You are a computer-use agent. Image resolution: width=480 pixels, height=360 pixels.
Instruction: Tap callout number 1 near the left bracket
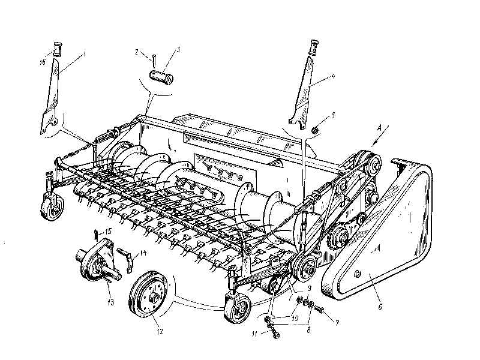[x=85, y=53]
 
